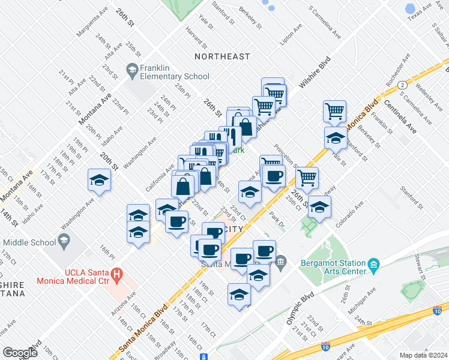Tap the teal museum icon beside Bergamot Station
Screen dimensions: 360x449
[x=373, y=265]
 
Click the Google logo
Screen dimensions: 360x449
[x=20, y=353]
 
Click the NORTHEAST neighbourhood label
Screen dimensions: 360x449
[x=222, y=56]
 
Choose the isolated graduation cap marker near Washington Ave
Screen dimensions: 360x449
[x=100, y=180]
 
